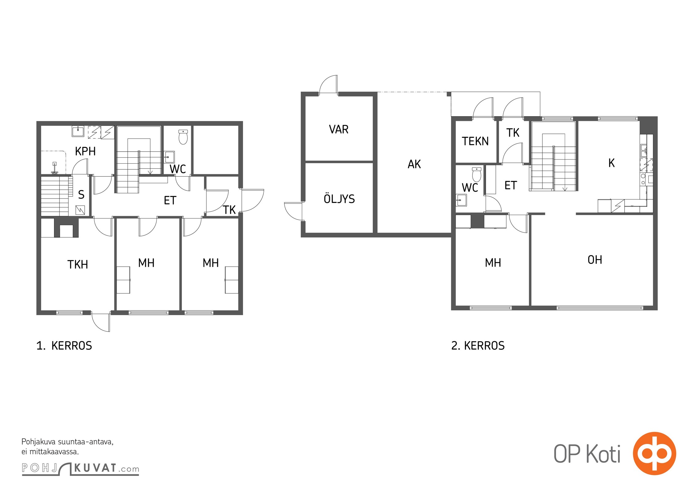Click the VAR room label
339,130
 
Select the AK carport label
414,164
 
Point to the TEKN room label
475,141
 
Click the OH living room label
595,260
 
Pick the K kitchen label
611,163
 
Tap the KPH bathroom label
85,151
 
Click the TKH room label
78,265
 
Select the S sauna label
81,195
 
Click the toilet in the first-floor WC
183,137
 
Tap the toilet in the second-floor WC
476,175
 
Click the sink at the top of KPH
78,131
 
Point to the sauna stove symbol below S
80,210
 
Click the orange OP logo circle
654,453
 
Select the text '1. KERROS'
64,346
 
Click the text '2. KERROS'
478,346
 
